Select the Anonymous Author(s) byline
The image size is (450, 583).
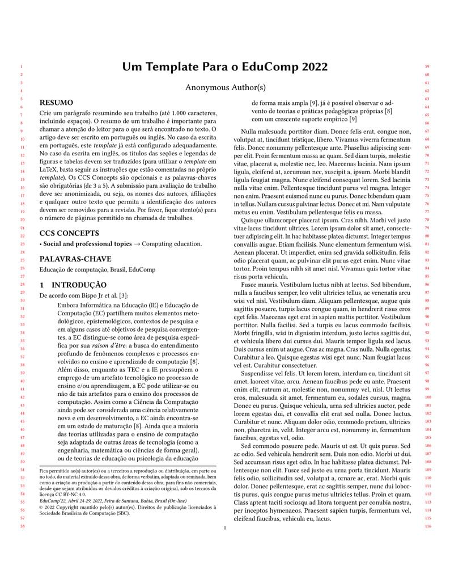point(225,87)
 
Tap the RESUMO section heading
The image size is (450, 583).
point(56,103)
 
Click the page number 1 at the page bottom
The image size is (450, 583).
point(225,529)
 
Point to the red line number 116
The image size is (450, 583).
point(427,527)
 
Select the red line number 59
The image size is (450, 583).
point(427,66)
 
